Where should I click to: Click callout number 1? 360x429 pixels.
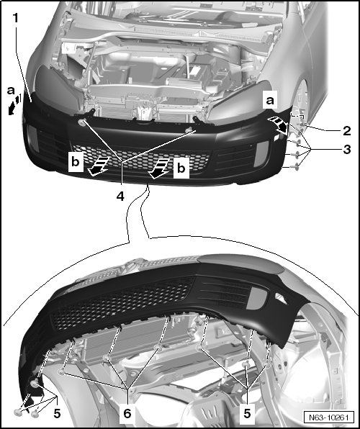pyautogui.click(x=16, y=18)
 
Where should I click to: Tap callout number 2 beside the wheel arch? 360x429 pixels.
pyautogui.click(x=346, y=131)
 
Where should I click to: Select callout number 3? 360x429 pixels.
pyautogui.click(x=346, y=150)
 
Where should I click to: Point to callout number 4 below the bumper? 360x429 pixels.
pyautogui.click(x=120, y=196)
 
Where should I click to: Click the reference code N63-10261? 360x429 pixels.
pyautogui.click(x=328, y=417)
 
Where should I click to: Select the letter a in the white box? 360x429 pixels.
pyautogui.click(x=270, y=101)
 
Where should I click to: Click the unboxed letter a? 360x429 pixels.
pyautogui.click(x=11, y=90)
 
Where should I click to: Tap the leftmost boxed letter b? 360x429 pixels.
pyautogui.click(x=76, y=162)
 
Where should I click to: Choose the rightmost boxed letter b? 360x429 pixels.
pyautogui.click(x=181, y=168)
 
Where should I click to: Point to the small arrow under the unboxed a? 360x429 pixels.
pyautogui.click(x=15, y=104)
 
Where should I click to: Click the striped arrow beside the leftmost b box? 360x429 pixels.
pyautogui.click(x=98, y=166)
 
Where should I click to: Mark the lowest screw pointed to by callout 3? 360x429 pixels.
pyautogui.click(x=295, y=166)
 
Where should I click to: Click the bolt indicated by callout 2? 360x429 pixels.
pyautogui.click(x=302, y=125)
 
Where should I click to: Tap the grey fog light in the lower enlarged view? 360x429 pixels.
pyautogui.click(x=256, y=299)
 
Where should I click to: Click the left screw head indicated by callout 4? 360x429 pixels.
pyautogui.click(x=82, y=123)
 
